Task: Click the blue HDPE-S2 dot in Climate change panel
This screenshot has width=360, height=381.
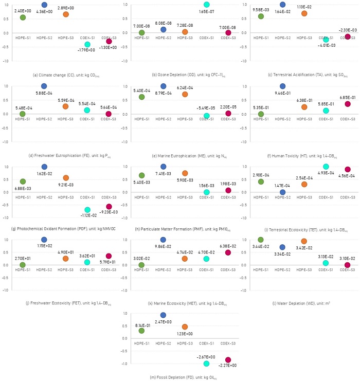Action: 44,5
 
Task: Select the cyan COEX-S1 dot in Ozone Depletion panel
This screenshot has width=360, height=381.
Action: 207,5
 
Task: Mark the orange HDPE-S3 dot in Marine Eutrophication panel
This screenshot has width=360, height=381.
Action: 185,94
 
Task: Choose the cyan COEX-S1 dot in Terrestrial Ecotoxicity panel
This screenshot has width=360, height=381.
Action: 326,167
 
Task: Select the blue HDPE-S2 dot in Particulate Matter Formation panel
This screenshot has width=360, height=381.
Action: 164,167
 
